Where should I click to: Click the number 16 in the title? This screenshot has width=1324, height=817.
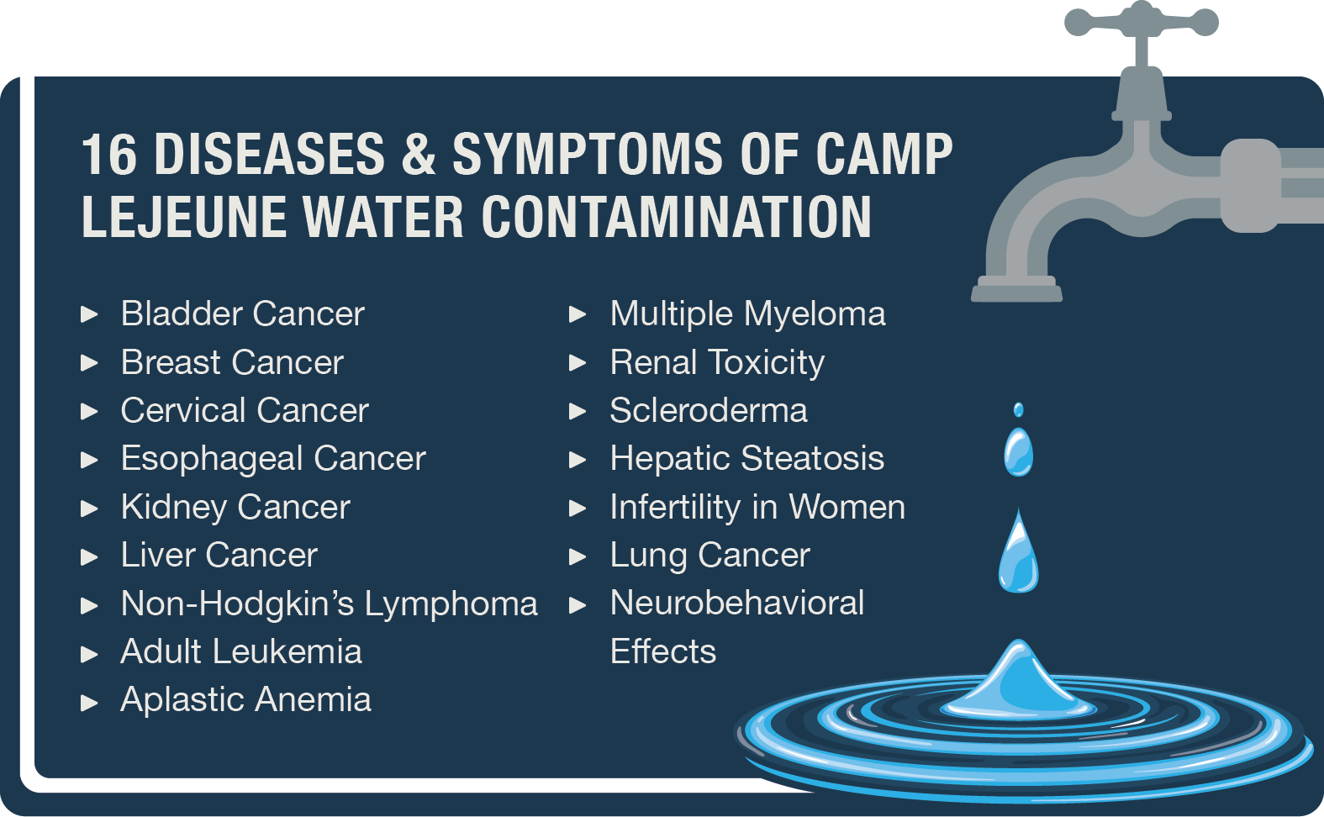click(109, 154)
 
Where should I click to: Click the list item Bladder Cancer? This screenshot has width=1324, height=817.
click(242, 314)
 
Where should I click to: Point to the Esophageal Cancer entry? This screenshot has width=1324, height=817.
click(273, 459)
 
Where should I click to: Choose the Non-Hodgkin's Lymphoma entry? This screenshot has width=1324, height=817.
click(330, 604)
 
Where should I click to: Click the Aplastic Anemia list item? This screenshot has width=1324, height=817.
click(245, 700)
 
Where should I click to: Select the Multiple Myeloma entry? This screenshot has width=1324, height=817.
click(747, 314)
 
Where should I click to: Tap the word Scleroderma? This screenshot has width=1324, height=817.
click(709, 410)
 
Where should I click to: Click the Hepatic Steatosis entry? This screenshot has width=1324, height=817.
click(747, 459)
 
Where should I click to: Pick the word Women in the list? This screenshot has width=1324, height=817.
click(847, 507)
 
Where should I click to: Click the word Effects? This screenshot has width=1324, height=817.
click(663, 651)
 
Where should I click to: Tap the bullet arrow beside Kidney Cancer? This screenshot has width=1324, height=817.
click(89, 508)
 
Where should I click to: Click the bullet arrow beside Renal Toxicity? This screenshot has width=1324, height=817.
click(578, 362)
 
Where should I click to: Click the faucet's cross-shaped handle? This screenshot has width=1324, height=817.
click(1142, 24)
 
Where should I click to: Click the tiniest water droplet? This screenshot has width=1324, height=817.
click(1018, 409)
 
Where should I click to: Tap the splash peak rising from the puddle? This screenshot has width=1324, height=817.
click(1018, 680)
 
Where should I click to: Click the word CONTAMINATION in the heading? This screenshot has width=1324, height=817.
click(677, 217)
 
